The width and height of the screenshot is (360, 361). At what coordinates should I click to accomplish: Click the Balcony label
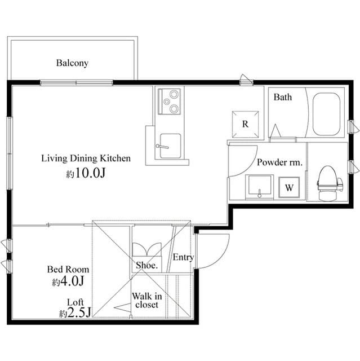[x=72, y=63]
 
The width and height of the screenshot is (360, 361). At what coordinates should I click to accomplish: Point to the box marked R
[x=246, y=124]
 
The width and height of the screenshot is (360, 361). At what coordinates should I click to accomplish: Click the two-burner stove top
[x=169, y=102]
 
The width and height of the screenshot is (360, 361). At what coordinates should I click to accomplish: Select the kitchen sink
[x=168, y=147]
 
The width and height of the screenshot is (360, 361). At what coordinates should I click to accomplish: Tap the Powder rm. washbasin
[x=260, y=186]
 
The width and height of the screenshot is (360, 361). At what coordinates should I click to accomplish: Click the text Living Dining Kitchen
[x=86, y=159]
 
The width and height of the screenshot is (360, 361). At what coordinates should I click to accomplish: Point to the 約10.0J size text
[x=86, y=174]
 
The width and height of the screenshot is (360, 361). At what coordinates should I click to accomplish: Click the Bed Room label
[x=68, y=270]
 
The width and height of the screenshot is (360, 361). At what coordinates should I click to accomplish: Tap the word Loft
[x=75, y=302]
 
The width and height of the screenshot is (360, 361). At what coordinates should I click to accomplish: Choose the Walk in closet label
[x=147, y=300]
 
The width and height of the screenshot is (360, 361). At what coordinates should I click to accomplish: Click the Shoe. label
[x=146, y=265]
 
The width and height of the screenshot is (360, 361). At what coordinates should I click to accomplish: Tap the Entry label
[x=183, y=257]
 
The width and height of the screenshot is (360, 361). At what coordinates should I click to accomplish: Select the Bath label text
[x=283, y=97]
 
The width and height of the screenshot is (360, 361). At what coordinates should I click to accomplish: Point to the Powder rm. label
[x=279, y=162]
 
